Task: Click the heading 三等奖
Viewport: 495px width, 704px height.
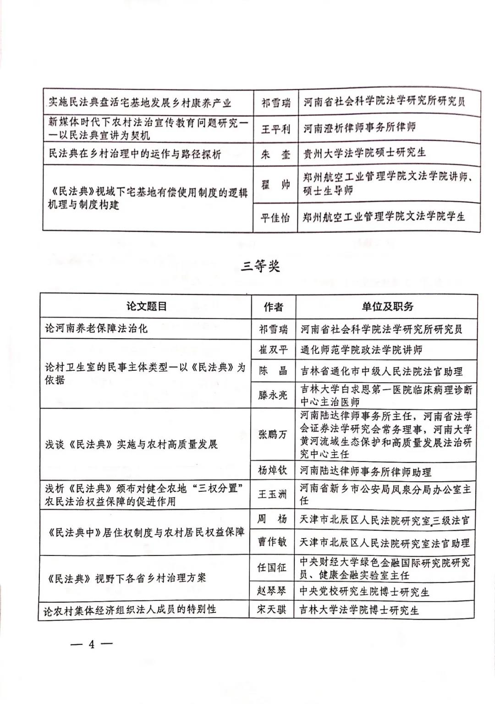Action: click(x=260, y=267)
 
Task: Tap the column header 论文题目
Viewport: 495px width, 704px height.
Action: click(x=146, y=306)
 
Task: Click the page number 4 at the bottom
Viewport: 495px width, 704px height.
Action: click(x=91, y=644)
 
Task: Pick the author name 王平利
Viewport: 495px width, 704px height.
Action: click(x=275, y=129)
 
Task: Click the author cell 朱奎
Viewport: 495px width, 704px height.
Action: click(x=275, y=154)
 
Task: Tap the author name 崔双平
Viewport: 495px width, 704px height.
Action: click(x=273, y=350)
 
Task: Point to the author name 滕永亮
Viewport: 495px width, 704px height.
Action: click(x=273, y=395)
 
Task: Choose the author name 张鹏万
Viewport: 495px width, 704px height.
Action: click(x=273, y=434)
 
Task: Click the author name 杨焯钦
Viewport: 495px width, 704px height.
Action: click(x=273, y=470)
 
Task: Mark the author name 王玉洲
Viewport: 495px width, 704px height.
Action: click(x=273, y=495)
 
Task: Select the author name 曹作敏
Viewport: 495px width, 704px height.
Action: click(x=273, y=542)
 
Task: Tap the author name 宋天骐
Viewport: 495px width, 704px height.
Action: click(x=273, y=610)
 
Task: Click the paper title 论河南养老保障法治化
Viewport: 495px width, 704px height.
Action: click(x=96, y=329)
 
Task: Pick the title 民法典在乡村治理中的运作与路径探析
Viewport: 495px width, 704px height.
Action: click(x=135, y=154)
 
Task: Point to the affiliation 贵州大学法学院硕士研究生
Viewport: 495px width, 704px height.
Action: click(x=364, y=153)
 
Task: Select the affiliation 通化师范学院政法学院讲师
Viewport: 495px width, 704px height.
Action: click(x=361, y=350)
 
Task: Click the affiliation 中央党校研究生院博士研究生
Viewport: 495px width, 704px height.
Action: click(x=364, y=592)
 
